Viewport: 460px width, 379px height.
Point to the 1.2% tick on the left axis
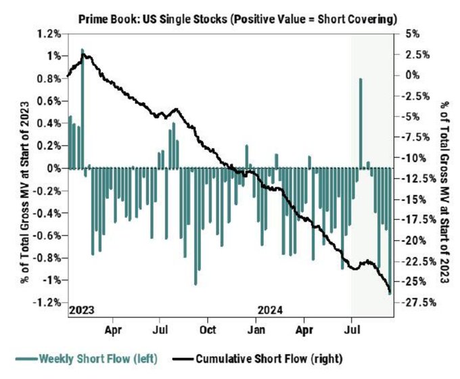(x=51, y=33)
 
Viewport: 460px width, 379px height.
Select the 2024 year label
(x=271, y=310)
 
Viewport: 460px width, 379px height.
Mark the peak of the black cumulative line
(x=83, y=55)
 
